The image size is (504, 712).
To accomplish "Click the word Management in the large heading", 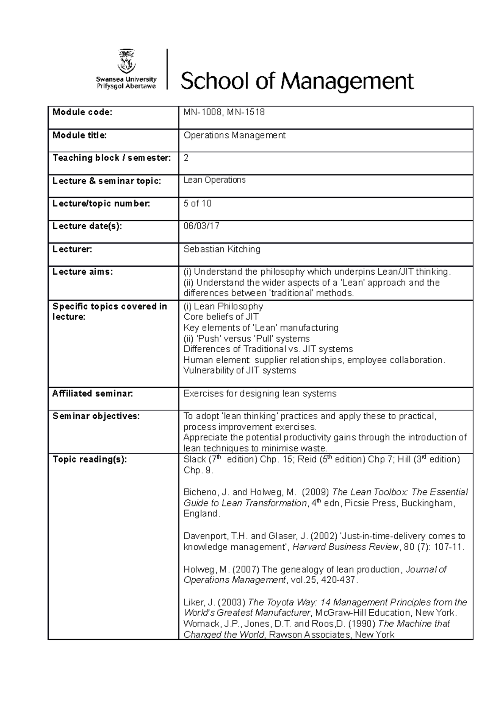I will pyautogui.click(x=347, y=81).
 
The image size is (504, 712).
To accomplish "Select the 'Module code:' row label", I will pyautogui.click(x=82, y=112).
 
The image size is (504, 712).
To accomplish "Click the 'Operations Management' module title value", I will pyautogui.click(x=234, y=135).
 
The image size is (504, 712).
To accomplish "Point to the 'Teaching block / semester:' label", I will pyautogui.click(x=112, y=158).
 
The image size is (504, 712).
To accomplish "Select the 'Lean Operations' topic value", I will pyautogui.click(x=215, y=180).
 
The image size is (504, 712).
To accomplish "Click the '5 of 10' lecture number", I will pyautogui.click(x=197, y=203).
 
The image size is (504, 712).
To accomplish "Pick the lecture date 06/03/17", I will pyautogui.click(x=202, y=226).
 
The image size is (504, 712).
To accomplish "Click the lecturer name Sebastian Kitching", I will pyautogui.click(x=222, y=249).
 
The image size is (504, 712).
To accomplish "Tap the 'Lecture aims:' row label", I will pyautogui.click(x=83, y=272).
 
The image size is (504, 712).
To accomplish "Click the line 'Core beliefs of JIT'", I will pyautogui.click(x=221, y=317).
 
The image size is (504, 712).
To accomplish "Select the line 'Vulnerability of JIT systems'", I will pyautogui.click(x=240, y=370).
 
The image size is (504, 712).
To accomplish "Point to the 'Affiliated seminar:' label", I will pyautogui.click(x=92, y=393).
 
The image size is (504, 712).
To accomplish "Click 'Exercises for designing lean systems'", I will pyautogui.click(x=260, y=393).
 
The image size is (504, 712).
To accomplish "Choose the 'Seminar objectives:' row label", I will pyautogui.click(x=96, y=416).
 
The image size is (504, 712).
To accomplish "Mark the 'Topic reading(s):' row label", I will pyautogui.click(x=89, y=460).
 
